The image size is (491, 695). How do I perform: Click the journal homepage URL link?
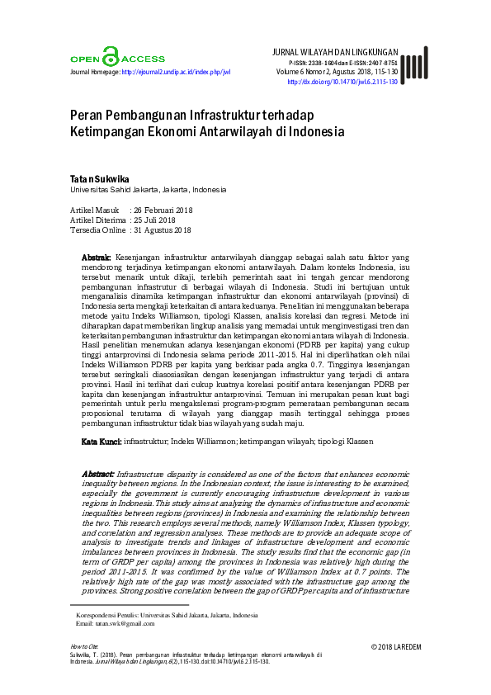tap(176, 72)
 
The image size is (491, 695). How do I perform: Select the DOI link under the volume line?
tap(342, 83)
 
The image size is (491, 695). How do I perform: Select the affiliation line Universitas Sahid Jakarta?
tap(148, 189)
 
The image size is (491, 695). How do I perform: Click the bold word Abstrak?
tap(97, 258)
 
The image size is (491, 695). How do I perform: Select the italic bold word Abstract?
tap(97, 475)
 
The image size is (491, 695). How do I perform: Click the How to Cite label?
tap(84, 646)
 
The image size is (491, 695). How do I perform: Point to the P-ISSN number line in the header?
tap(342, 62)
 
